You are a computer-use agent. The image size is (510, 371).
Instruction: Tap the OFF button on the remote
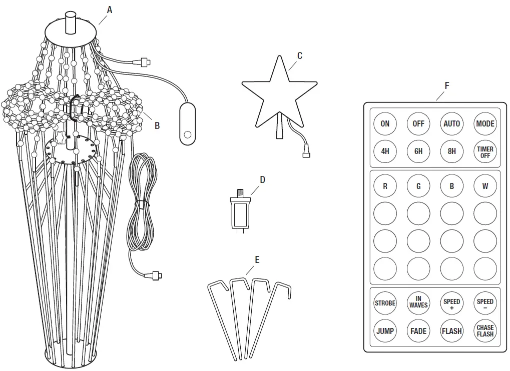point(418,123)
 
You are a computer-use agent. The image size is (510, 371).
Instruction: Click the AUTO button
point(451,123)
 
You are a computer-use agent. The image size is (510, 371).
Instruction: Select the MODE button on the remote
point(485,123)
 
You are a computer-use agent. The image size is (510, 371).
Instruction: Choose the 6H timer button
point(418,151)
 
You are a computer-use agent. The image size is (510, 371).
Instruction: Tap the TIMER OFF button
point(485,151)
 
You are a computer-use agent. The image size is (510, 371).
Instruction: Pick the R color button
point(385,186)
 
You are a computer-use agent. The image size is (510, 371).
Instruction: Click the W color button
point(485,186)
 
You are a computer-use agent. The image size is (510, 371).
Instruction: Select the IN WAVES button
point(418,302)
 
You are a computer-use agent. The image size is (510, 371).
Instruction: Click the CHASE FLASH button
point(485,330)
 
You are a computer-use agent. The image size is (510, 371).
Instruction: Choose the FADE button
point(418,330)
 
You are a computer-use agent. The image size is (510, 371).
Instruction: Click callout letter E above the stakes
point(257,260)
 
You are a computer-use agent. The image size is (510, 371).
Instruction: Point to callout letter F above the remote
point(446,85)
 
